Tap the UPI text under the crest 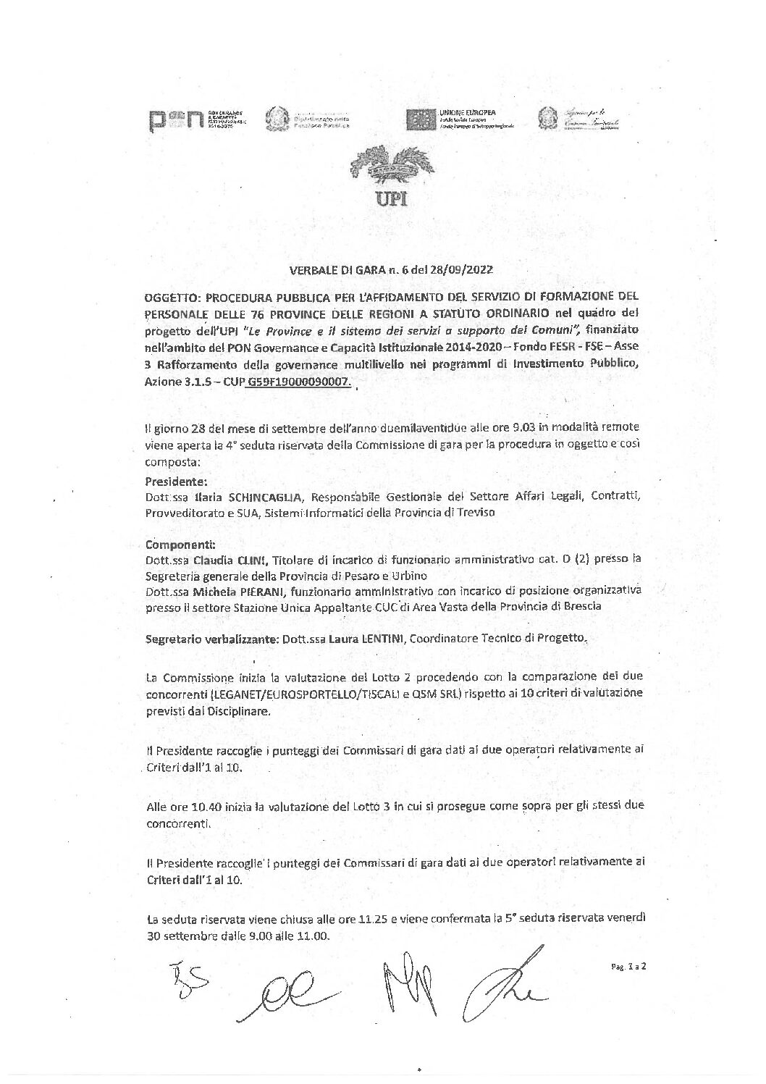(x=390, y=198)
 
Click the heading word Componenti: (x=174, y=544)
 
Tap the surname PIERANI (x=253, y=591)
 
